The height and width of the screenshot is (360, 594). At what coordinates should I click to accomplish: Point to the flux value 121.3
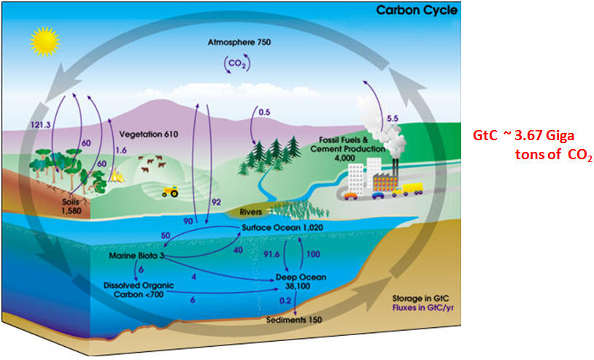(x=42, y=124)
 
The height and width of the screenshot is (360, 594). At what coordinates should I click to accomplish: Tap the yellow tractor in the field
(x=171, y=191)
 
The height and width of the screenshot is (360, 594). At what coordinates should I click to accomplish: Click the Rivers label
(x=250, y=212)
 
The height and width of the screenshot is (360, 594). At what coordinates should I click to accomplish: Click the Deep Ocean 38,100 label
(x=298, y=283)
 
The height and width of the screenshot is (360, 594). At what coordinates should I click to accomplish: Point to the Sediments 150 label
(x=293, y=319)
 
